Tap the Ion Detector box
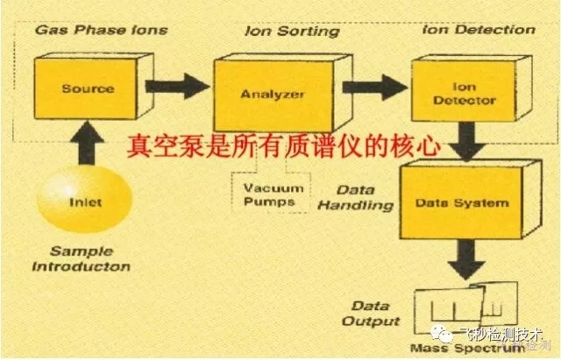click(464, 94)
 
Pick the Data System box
click(459, 202)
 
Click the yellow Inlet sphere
click(85, 202)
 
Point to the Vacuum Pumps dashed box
click(261, 192)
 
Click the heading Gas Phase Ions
click(100, 30)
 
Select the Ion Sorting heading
click(292, 32)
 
